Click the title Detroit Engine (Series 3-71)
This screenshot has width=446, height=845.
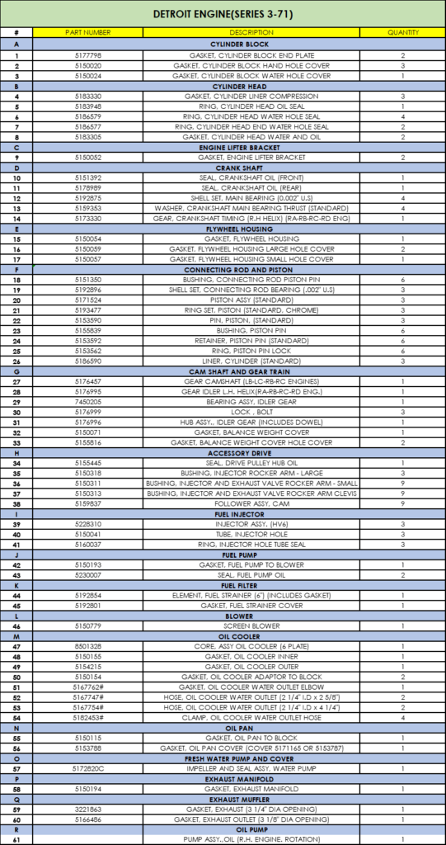pyautogui.click(x=223, y=14)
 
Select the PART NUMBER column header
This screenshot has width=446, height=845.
pyautogui.click(x=88, y=32)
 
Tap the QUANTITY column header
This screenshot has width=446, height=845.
pyautogui.click(x=403, y=32)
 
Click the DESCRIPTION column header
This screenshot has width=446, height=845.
pyautogui.click(x=251, y=32)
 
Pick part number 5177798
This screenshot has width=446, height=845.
pyautogui.click(x=88, y=55)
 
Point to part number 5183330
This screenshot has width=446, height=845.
pyautogui.click(x=88, y=96)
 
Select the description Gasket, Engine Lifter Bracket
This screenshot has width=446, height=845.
pyautogui.click(x=251, y=157)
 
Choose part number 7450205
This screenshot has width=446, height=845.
pyautogui.click(x=88, y=401)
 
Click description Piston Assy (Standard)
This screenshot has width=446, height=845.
pyautogui.click(x=251, y=300)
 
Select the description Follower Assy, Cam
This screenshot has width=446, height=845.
pyautogui.click(x=251, y=503)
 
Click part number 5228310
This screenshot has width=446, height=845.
pyautogui.click(x=88, y=524)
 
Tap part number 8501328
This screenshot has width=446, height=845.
pyautogui.click(x=88, y=646)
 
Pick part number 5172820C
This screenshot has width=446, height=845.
pyautogui.click(x=88, y=768)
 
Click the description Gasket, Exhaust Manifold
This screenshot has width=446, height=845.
pyautogui.click(x=251, y=788)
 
